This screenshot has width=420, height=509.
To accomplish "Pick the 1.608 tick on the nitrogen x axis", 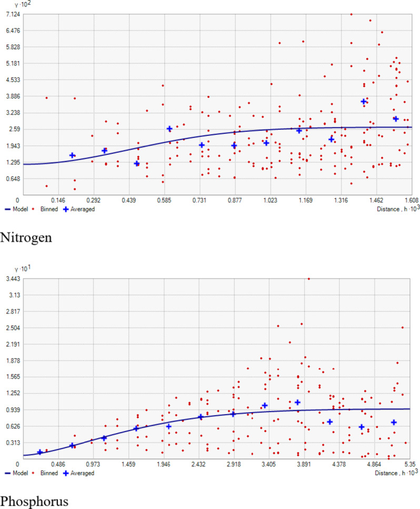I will pyautogui.click(x=411, y=201).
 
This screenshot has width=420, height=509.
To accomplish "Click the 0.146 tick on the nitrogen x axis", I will pyautogui.click(x=58, y=201).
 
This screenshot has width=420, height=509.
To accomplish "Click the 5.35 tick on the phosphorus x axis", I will pyautogui.click(x=410, y=465).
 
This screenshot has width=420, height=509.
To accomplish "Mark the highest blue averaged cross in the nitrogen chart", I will pyautogui.click(x=364, y=101).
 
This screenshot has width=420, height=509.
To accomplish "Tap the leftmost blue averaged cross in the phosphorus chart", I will pyautogui.click(x=40, y=452).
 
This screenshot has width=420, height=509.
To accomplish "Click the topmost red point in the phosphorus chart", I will pyautogui.click(x=308, y=279).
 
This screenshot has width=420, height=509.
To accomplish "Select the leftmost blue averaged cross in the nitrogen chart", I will pyautogui.click(x=73, y=155).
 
